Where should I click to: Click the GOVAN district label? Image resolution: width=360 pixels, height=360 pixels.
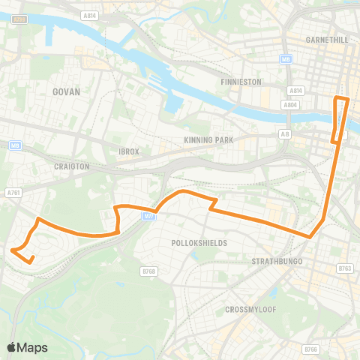pos(66,91)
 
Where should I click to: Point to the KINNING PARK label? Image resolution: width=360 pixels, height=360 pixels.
pos(208,140)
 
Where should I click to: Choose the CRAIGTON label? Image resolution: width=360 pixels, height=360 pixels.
pos(73,166)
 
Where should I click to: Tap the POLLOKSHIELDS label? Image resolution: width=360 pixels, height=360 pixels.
pos(199,244)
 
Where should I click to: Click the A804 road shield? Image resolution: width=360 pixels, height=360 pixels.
pos(291,106)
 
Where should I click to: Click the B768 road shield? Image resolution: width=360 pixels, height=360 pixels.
pos(148,271)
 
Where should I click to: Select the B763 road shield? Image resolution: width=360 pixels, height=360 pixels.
pos(345,268)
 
